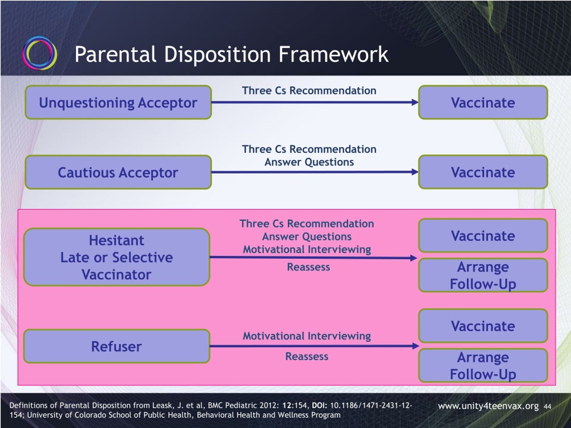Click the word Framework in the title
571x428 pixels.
coord(333,54)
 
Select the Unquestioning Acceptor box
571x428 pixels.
coord(118,102)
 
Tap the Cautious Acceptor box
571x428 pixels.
coord(118,172)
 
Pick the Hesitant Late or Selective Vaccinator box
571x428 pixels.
coord(117,257)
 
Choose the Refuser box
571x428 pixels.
coord(117,346)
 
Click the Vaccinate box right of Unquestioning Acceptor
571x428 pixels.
coord(483,102)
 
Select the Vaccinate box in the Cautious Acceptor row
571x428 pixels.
coord(483,172)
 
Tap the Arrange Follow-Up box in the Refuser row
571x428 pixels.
coord(483,365)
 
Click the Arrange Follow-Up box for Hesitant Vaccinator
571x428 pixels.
coord(483,275)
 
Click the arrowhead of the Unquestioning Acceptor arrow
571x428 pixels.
coord(415,102)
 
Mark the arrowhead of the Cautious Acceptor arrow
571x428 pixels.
coord(415,172)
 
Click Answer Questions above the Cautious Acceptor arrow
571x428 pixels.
coord(309,162)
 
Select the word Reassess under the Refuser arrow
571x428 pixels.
coord(307,356)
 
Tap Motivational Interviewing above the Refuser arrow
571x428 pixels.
coord(307,336)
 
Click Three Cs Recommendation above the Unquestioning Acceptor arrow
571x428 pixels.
coord(309,91)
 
